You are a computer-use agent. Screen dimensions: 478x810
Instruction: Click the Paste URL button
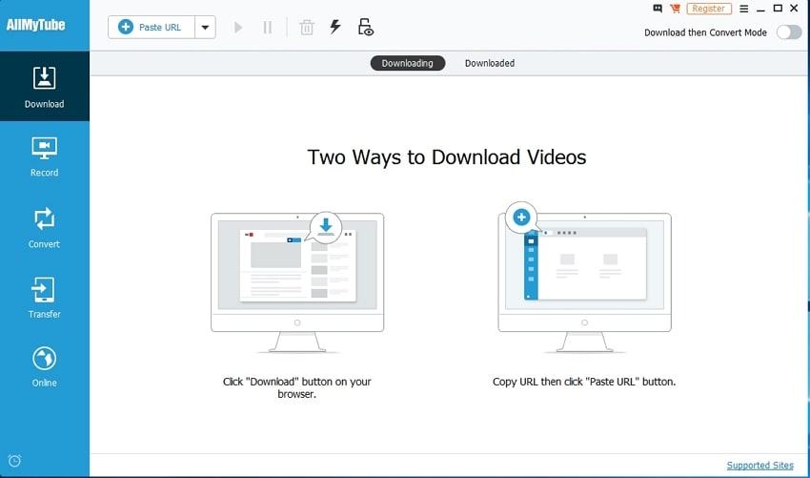152,27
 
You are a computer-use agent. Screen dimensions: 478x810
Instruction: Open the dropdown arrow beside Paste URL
205,27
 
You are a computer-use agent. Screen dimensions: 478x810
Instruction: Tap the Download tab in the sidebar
45,86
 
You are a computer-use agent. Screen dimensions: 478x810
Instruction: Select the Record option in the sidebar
45,156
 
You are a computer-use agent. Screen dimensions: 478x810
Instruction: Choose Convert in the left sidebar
45,227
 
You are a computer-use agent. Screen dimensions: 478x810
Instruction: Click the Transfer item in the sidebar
45,297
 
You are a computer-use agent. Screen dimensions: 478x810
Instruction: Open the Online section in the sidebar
45,366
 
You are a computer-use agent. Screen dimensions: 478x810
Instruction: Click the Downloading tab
407,63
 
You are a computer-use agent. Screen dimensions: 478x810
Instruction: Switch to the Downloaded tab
489,63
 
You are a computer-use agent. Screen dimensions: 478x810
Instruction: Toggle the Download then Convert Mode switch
788,32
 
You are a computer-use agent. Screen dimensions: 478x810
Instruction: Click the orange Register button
708,9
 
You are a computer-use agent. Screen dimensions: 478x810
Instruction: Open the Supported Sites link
759,466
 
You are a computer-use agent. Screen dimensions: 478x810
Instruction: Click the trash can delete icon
307,27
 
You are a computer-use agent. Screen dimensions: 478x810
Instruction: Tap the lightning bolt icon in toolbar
335,27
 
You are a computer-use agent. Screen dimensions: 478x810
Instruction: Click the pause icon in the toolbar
268,27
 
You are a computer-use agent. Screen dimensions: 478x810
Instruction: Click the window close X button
797,9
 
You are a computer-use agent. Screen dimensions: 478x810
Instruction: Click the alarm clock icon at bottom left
14,462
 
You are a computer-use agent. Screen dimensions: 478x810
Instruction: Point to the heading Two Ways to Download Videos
446,156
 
